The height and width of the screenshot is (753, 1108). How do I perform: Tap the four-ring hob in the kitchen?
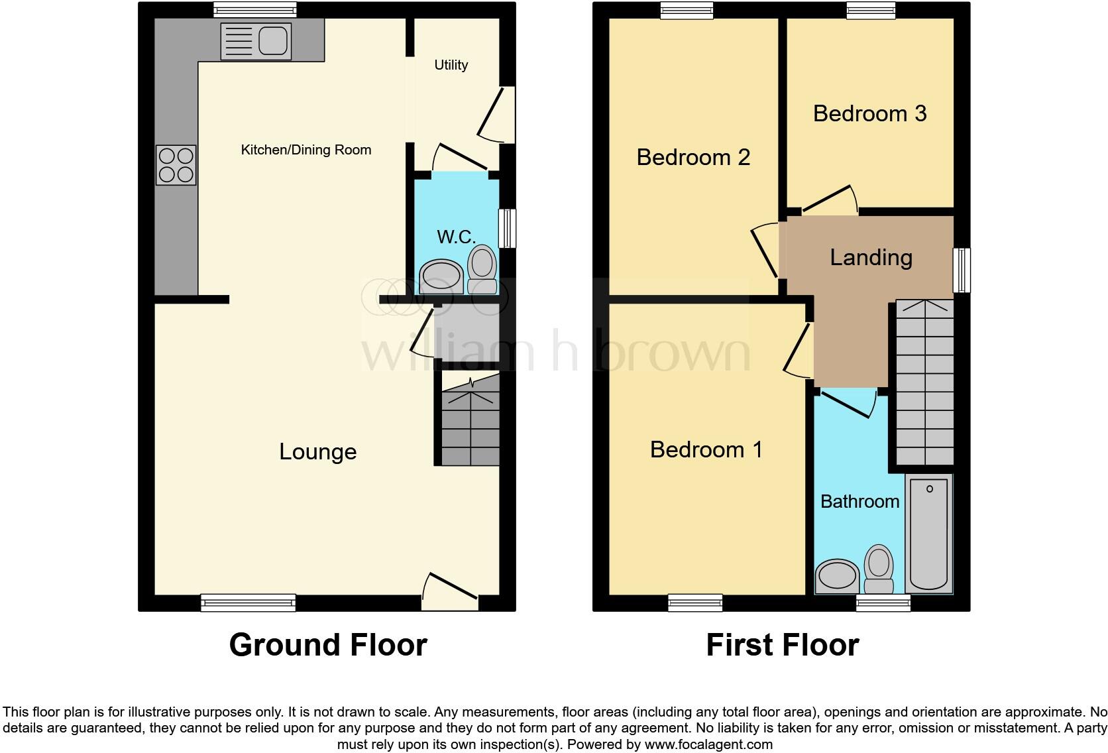click(176, 165)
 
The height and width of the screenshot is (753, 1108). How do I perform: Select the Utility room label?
click(451, 65)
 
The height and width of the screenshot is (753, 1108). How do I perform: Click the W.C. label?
click(456, 237)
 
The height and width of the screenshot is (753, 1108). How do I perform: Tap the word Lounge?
click(317, 451)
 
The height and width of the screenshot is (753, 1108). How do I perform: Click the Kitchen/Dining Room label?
click(305, 150)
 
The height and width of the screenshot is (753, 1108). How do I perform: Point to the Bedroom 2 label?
click(693, 157)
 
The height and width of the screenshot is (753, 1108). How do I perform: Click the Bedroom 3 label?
click(869, 113)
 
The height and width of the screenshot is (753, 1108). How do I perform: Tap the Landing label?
click(871, 257)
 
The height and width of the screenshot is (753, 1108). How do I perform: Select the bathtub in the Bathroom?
click(929, 534)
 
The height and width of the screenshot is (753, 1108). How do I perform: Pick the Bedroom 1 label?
click(706, 449)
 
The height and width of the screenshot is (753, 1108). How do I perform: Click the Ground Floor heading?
click(328, 644)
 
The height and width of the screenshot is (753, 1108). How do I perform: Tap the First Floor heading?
click(782, 644)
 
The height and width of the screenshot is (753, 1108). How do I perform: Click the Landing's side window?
click(962, 270)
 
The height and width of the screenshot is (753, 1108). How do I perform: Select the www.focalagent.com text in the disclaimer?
click(708, 744)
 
